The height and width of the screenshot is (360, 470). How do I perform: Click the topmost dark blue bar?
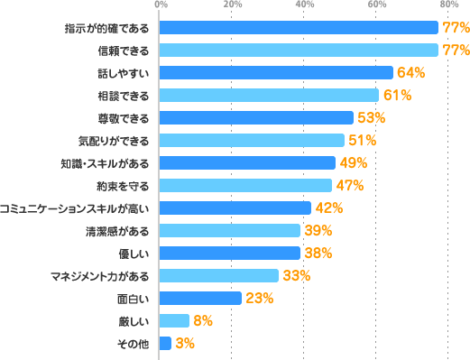[x=299, y=28]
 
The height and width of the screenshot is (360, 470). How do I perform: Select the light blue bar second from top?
[x=299, y=51]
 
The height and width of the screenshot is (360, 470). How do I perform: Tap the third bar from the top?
[x=276, y=73]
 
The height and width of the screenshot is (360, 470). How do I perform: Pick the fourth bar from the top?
[x=269, y=96]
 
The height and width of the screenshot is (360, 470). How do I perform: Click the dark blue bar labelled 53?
[x=256, y=118]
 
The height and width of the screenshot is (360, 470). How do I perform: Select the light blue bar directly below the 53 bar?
[x=252, y=141]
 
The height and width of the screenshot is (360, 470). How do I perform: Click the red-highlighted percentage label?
[x=354, y=163]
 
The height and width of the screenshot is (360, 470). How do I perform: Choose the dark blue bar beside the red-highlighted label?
[x=247, y=163]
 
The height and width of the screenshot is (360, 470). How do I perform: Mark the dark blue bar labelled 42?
[x=235, y=208]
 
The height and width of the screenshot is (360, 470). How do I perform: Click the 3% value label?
[x=184, y=343]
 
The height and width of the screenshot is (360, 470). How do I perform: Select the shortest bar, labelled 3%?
[x=165, y=343]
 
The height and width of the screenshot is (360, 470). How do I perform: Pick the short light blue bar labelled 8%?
[x=174, y=320]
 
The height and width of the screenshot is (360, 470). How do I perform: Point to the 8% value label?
[x=202, y=320]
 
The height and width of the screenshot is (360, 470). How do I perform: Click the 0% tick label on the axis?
[x=161, y=5]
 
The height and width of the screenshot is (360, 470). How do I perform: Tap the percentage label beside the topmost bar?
[x=456, y=28]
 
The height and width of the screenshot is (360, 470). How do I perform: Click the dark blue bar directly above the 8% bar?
[x=200, y=298]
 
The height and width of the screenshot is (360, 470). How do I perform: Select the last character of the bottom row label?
[x=144, y=343]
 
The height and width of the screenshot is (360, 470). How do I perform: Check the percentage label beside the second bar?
[x=456, y=51]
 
